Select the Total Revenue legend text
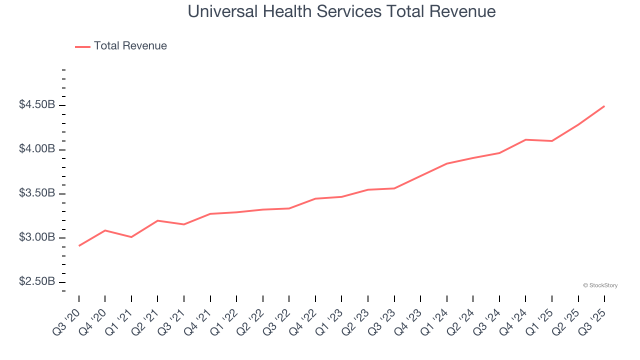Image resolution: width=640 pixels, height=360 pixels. tap(130, 46)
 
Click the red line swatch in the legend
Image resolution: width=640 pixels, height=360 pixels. tap(82, 46)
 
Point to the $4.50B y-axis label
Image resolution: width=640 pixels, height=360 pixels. tap(37, 105)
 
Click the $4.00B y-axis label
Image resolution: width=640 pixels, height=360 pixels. tap(37, 149)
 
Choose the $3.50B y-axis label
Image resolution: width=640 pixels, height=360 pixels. tap(37, 193)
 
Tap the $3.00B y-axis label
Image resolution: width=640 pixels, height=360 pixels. tap(37, 237)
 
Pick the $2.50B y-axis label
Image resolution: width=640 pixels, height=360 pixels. tap(37, 281)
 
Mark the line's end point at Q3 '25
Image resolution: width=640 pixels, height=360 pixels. tap(604, 106)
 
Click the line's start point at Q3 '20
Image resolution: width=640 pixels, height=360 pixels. tap(79, 245)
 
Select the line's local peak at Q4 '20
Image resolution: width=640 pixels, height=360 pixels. tap(105, 230)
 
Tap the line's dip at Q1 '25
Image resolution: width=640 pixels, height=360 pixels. tap(552, 141)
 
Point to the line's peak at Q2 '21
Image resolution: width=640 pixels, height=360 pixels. tap(157, 220)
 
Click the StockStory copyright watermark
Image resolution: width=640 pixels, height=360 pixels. tap(600, 285)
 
